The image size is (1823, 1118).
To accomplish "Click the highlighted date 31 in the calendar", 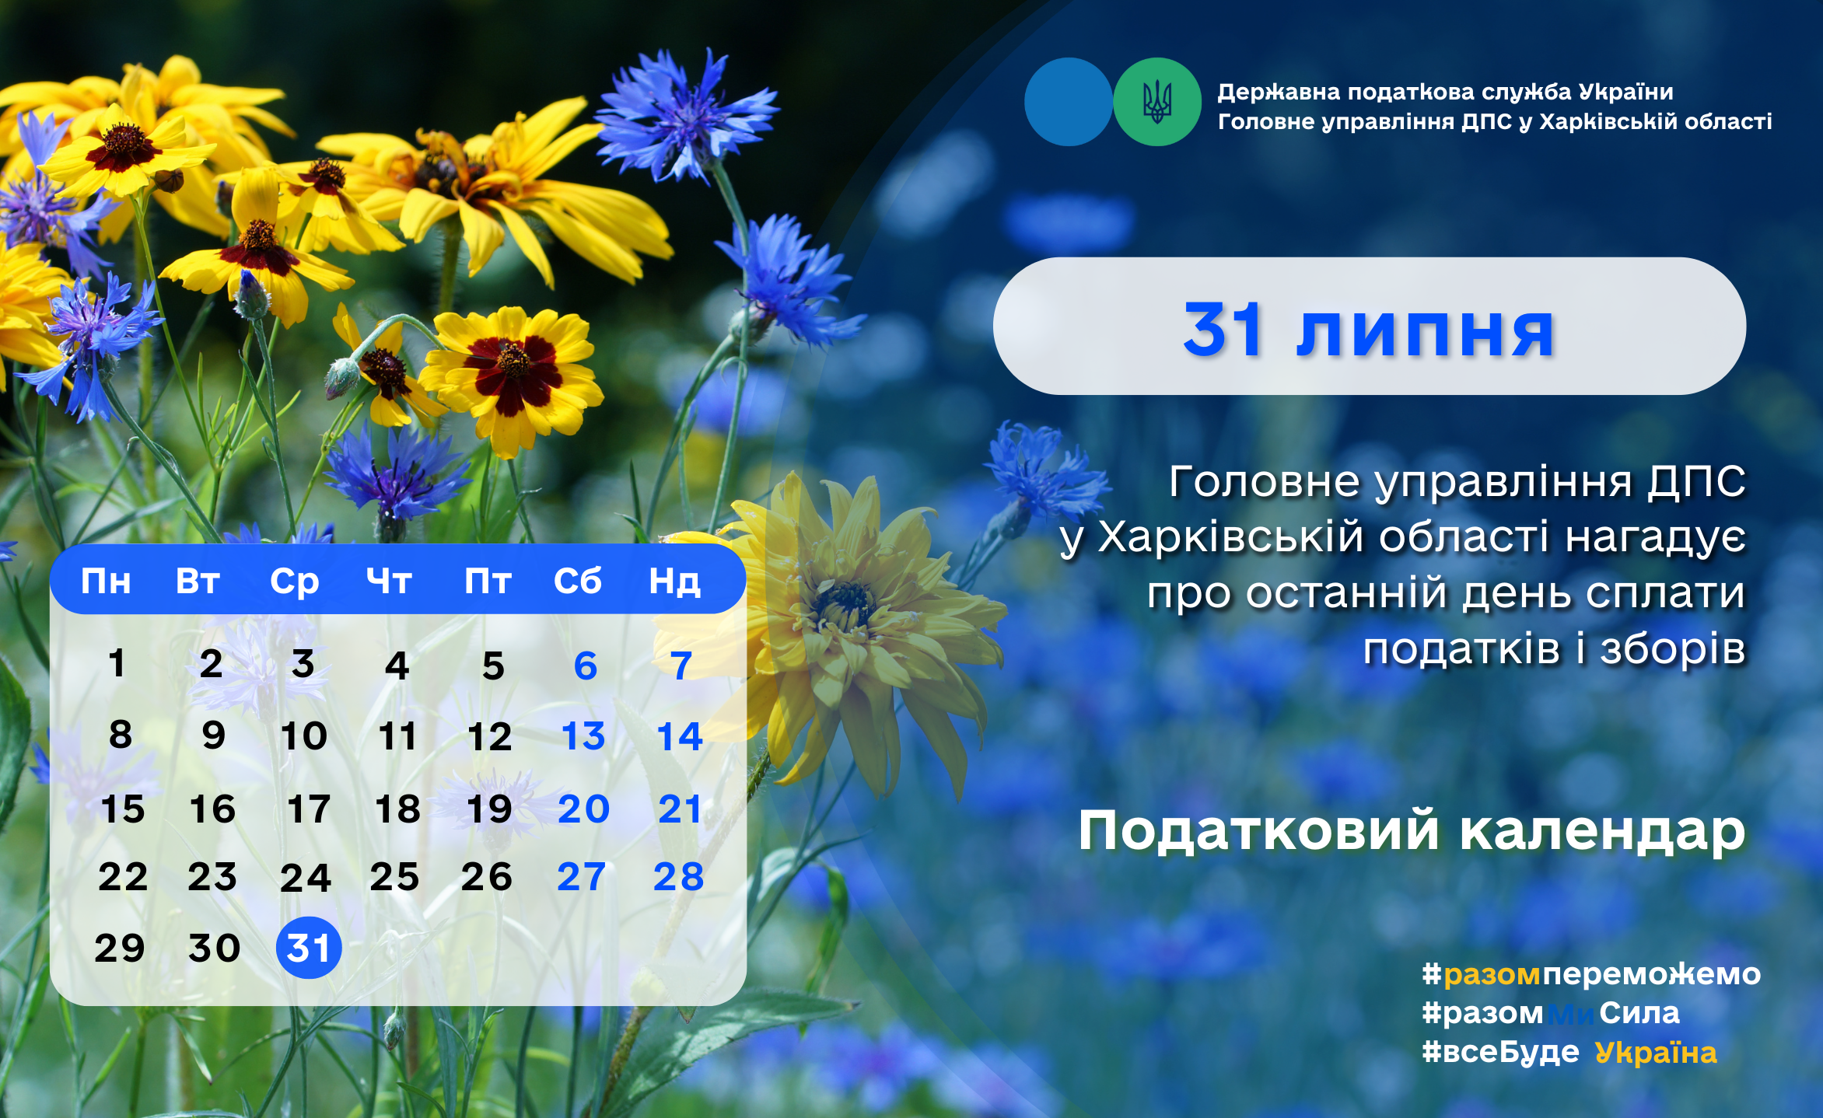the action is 309,948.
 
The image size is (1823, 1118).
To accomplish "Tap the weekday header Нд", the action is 675,582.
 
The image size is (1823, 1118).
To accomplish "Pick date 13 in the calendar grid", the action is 583,736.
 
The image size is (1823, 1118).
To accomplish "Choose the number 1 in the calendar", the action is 117,664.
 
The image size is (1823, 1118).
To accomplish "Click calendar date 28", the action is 679,877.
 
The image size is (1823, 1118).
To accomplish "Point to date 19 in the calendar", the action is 489,809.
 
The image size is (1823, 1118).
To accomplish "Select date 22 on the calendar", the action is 123,877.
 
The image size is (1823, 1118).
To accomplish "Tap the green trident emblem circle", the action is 1157,102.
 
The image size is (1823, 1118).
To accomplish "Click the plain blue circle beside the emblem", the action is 1069,102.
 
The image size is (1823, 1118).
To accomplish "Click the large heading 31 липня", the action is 1369,331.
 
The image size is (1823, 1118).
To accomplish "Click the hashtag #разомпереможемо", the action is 1591,974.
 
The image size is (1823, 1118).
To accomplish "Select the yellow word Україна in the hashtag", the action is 1656,1053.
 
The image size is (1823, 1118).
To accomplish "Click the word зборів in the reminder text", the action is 1672,649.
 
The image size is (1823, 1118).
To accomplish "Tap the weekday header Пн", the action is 106,582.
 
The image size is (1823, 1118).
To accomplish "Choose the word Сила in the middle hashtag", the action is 1639,1013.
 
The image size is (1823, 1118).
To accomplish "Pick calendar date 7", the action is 681,666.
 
